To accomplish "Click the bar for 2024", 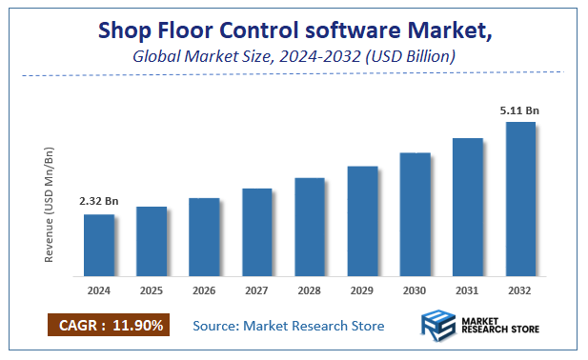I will [99, 245].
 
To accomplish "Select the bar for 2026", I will [204, 237].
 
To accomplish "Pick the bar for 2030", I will [415, 214].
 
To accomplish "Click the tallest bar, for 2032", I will [520, 199].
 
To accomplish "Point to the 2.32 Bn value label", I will [98, 202].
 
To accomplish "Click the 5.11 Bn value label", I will [519, 110].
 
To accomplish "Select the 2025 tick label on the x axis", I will [152, 290].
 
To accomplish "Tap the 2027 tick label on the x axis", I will [256, 290].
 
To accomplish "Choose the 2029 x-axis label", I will [362, 290].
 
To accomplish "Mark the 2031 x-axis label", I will [467, 290].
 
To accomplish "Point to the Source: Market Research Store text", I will [289, 326].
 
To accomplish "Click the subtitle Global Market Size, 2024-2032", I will [294, 57].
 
